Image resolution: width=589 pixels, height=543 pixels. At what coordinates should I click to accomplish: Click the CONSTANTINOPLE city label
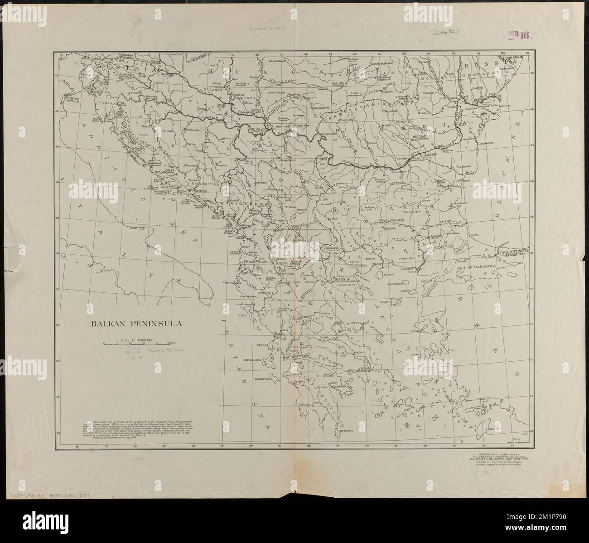click(x=516, y=251)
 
